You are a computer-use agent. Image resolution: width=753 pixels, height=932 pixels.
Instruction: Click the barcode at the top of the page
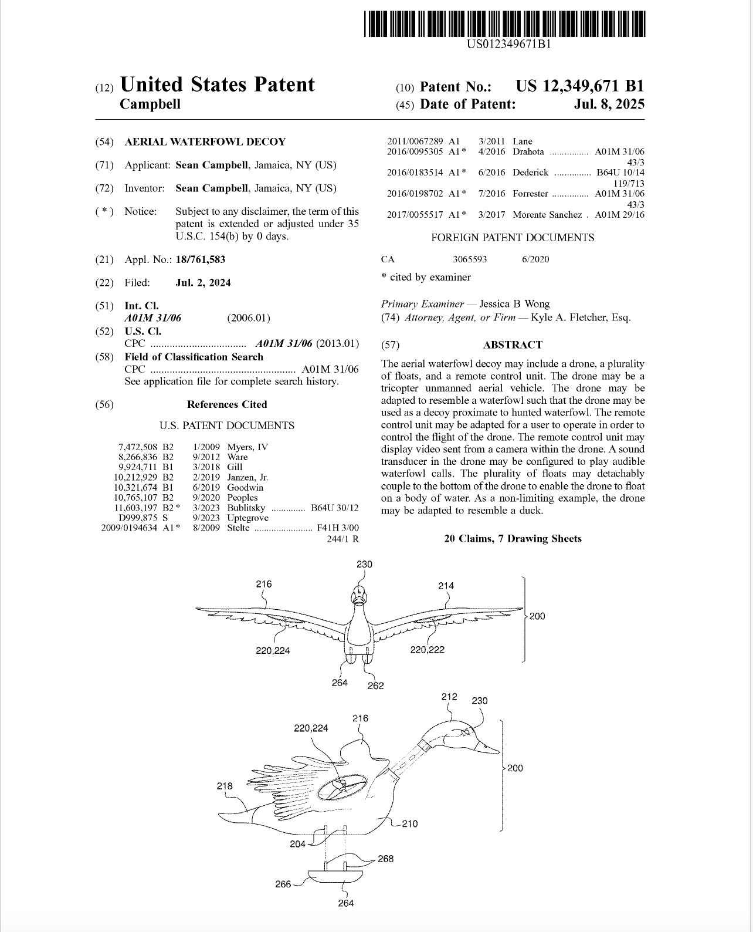point(504,24)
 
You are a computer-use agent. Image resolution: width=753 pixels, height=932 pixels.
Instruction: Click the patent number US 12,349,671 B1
point(579,86)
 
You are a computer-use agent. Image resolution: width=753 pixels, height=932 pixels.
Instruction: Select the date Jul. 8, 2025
point(609,104)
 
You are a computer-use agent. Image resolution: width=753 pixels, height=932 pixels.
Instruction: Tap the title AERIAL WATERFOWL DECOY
point(205,141)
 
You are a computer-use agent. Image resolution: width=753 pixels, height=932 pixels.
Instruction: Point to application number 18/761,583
point(201,259)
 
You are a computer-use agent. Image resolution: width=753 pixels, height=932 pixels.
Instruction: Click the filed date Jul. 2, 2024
point(203,283)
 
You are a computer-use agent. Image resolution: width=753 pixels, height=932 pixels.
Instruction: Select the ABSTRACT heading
point(513,345)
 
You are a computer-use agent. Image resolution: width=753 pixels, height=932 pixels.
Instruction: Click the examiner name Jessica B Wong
point(514,304)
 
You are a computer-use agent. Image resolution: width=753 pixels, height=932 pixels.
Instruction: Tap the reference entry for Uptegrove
point(247,518)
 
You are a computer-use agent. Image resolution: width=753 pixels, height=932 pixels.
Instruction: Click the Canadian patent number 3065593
point(470,259)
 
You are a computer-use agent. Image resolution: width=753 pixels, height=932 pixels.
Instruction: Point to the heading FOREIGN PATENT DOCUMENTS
point(513,238)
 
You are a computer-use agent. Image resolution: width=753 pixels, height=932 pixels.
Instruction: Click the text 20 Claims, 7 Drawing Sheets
point(513,539)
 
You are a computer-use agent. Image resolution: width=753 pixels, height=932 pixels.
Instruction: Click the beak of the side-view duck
point(487,746)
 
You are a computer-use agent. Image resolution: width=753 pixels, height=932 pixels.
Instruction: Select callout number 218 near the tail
point(225,786)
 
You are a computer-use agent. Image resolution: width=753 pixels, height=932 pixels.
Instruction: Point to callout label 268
point(385,859)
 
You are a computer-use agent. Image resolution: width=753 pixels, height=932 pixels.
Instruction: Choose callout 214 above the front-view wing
point(446,585)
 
